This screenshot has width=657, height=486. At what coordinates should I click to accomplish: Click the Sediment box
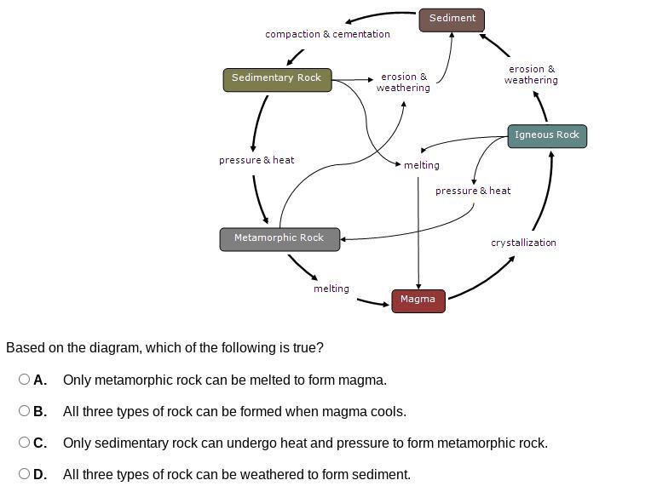click(x=452, y=19)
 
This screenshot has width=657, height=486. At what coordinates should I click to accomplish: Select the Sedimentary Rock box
click(x=277, y=78)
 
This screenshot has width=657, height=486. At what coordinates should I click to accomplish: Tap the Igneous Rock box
click(x=547, y=135)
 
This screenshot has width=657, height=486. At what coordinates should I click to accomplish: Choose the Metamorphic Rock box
click(x=280, y=238)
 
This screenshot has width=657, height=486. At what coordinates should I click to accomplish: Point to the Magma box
click(x=418, y=300)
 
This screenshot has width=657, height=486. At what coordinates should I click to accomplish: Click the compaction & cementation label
click(x=327, y=34)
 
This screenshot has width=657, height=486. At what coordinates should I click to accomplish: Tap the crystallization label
click(x=523, y=243)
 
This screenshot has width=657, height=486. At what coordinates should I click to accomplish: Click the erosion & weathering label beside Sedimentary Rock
click(x=403, y=82)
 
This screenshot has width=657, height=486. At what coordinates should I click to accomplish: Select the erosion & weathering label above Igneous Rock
click(x=531, y=75)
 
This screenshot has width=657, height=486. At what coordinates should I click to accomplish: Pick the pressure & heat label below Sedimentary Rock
click(x=256, y=160)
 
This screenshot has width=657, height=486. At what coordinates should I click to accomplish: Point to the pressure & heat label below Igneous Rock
click(x=473, y=191)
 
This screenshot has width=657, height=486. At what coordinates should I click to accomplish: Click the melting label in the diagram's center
click(x=422, y=165)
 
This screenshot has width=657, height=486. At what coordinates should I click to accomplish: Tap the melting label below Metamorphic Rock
click(x=331, y=289)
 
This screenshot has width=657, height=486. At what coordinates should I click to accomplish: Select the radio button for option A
click(x=24, y=380)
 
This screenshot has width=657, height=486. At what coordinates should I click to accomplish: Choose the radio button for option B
click(x=24, y=411)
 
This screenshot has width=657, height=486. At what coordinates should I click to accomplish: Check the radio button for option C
click(x=24, y=443)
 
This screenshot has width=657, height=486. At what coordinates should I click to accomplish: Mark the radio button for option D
click(x=24, y=474)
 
